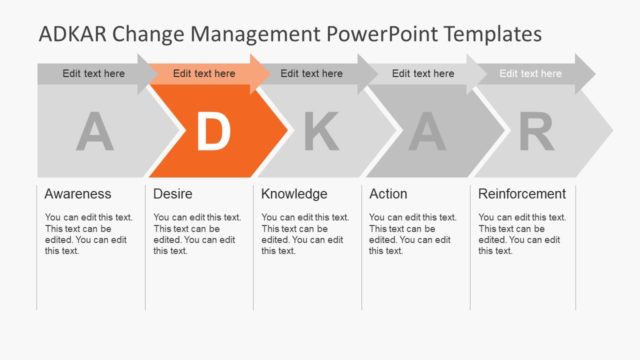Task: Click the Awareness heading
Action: pos(78,194)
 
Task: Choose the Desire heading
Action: pos(173,194)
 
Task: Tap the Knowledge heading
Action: pos(294,194)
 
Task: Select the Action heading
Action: pos(388,194)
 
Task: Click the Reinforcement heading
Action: pos(522,194)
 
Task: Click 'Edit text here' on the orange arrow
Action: pos(204,73)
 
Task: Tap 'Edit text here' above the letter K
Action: pos(311,73)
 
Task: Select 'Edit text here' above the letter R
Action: pos(531,73)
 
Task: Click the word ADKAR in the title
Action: pos(73,35)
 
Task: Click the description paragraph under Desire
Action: pos(197,234)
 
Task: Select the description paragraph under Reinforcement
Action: pos(522,234)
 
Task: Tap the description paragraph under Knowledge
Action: pos(305,234)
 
